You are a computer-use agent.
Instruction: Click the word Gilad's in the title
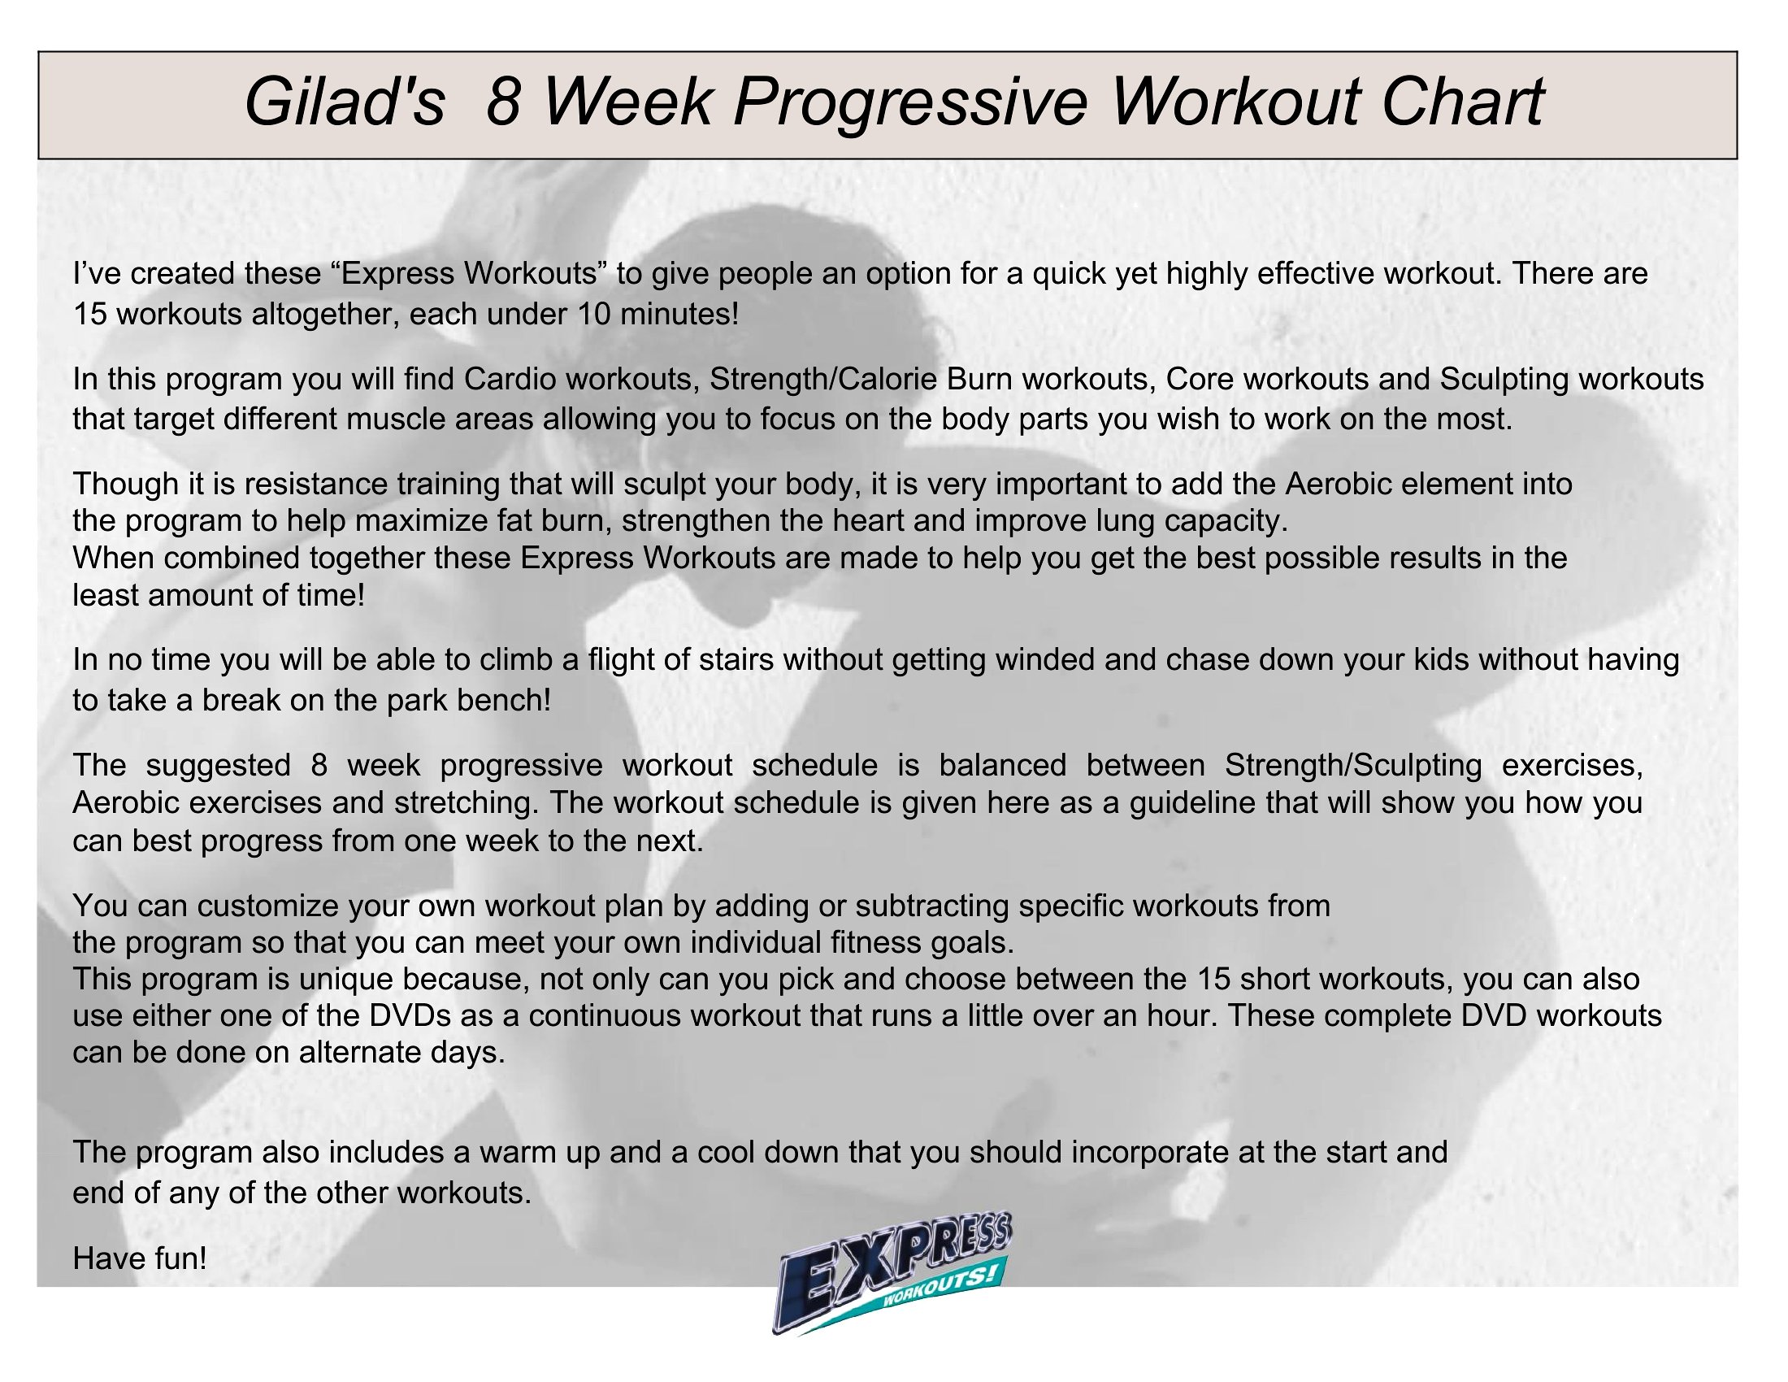coord(345,102)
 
